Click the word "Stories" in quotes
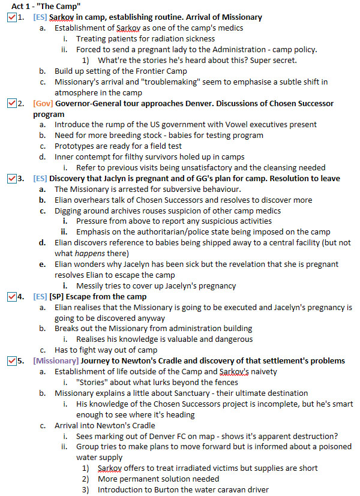click(x=94, y=382)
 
